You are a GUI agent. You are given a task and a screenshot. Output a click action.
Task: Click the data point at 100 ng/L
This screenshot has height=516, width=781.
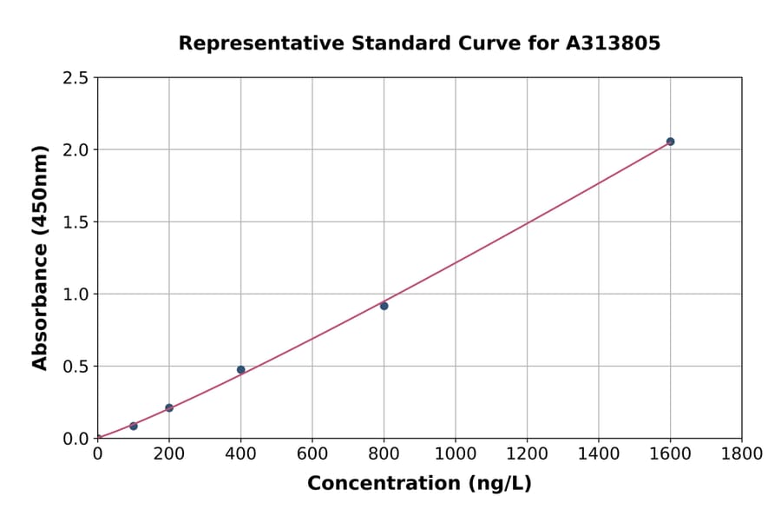[134, 426]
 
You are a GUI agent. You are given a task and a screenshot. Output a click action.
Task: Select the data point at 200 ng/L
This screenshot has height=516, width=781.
[169, 407]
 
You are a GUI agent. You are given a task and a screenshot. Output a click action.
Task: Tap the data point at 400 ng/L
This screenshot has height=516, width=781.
[241, 369]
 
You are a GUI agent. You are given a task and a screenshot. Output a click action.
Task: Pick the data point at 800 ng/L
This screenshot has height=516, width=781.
[384, 306]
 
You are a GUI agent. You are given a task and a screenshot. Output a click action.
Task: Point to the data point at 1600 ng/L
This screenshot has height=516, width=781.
[670, 142]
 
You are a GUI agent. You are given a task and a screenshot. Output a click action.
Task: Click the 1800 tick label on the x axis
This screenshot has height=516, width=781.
[741, 454]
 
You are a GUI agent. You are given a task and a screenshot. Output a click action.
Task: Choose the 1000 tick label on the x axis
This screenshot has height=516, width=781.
[456, 454]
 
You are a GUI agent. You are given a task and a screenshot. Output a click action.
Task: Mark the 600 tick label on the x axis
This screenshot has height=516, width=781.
[312, 454]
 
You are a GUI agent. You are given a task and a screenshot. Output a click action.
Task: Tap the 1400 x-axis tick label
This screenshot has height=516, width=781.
[599, 454]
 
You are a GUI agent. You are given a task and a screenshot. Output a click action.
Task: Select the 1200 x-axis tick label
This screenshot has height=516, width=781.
[527, 454]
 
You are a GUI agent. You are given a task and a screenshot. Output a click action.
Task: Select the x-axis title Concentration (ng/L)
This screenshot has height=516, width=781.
[419, 484]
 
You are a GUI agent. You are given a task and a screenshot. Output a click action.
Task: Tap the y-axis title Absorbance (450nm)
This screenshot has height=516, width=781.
[40, 258]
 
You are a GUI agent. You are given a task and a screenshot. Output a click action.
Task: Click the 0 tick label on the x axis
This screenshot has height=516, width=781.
[97, 454]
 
